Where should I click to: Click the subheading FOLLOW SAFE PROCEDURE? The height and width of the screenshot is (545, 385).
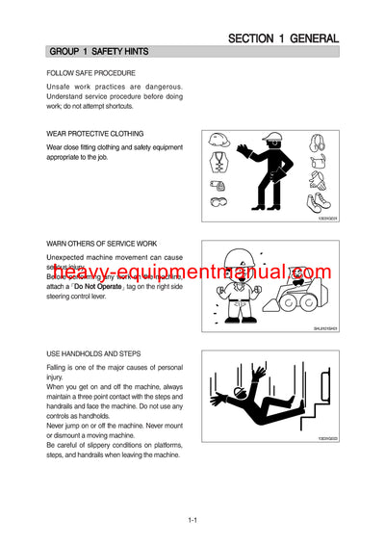90,73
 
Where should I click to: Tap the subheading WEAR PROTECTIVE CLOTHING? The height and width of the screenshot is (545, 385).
95,134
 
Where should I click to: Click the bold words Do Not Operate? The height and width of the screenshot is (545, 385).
99,287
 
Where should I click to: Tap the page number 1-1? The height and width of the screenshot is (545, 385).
192,521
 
